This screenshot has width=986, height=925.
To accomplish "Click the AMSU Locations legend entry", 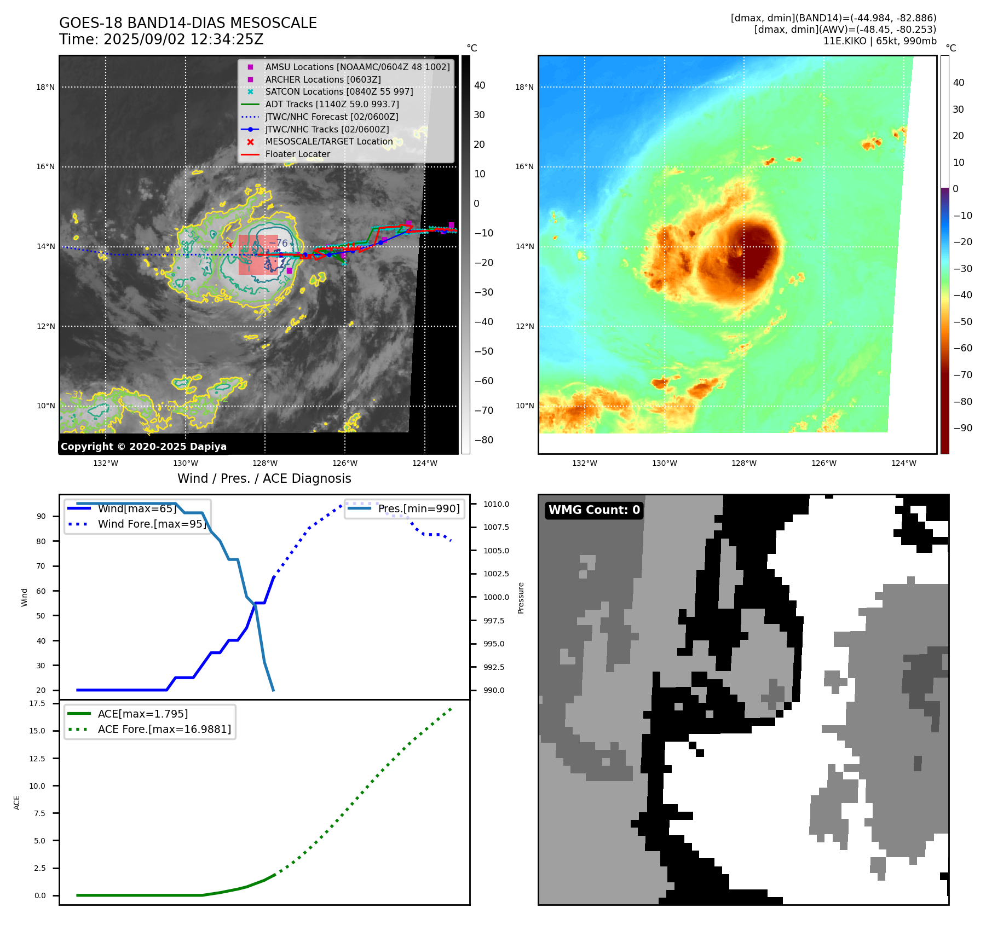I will pos(357,67).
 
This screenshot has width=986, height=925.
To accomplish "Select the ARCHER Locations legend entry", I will pos(322,79).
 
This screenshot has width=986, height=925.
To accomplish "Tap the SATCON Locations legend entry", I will pos(339,92).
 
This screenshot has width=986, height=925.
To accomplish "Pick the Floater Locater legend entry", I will pos(297,154).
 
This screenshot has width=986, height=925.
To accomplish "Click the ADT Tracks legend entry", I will pos(332,104).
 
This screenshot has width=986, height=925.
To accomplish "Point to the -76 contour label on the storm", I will pos(279,243).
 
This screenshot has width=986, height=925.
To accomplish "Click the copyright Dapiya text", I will pos(143,447).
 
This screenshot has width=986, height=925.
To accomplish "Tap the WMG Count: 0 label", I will pos(594,510).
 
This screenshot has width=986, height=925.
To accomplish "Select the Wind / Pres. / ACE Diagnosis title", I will pos(264,478).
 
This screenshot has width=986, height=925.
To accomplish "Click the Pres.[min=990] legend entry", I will pos(419,508).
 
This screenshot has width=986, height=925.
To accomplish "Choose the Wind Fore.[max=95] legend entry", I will pos(152,524).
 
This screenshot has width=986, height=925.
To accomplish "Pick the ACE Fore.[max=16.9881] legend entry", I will pos(164,729).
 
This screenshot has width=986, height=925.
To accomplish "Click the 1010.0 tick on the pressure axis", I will pos(496,504).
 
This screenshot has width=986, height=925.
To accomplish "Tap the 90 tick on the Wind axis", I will pos(41,516).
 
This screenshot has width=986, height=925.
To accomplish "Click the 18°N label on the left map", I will pos(45,87).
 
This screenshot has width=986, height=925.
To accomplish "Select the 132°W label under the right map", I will pos(585,463).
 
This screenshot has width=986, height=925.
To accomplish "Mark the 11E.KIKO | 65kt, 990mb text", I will pos(880,41).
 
